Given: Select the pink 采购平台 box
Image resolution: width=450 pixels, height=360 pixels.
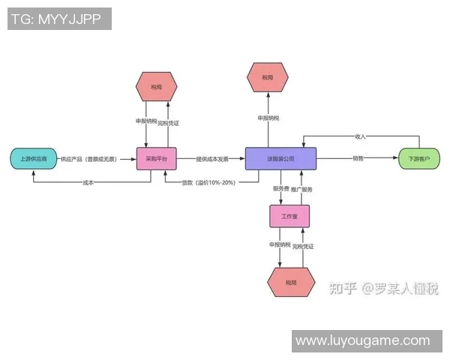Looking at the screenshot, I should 157,159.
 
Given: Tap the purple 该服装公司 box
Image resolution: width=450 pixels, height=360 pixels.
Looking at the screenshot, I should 280,159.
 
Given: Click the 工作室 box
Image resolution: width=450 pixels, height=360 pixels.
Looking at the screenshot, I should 289,217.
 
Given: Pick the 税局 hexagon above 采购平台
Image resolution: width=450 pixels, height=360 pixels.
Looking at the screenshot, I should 157,87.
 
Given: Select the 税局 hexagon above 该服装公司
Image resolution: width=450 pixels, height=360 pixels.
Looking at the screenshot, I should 268,77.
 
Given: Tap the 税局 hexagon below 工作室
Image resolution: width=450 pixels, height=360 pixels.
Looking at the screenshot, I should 289,283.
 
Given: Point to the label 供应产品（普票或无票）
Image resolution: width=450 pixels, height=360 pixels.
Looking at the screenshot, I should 94,159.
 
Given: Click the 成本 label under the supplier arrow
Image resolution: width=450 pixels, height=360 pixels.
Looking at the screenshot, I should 88,182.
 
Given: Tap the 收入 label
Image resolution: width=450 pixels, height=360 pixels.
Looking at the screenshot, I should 360,136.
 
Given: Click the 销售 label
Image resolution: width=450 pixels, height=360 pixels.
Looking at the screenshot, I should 358,158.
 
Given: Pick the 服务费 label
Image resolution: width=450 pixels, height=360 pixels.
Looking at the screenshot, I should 280,188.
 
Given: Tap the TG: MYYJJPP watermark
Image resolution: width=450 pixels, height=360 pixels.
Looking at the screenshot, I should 59,19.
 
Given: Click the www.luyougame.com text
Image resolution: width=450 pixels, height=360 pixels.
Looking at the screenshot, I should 362,340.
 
